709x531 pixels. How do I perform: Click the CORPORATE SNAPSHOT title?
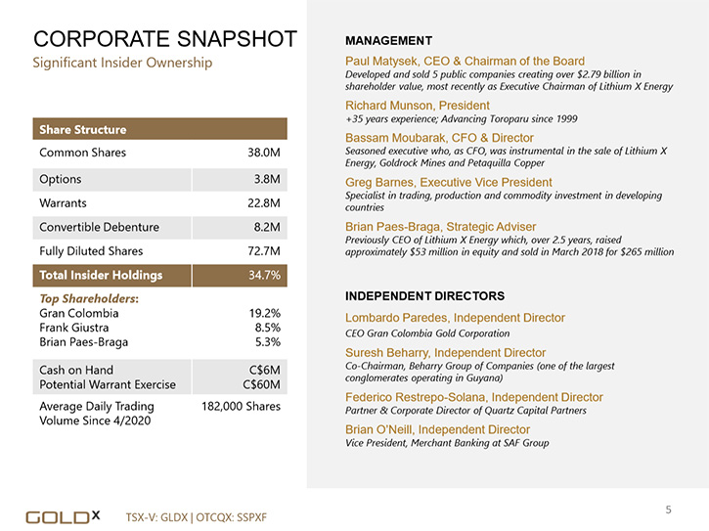[165, 39]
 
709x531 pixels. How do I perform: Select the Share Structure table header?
[83, 129]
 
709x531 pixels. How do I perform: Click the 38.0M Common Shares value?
[264, 153]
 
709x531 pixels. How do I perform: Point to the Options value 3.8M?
[267, 179]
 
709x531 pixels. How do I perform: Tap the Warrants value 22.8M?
[264, 203]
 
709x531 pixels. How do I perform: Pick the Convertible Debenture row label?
[99, 227]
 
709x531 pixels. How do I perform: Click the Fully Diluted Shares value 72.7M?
[264, 251]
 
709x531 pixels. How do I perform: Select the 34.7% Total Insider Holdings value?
[264, 275]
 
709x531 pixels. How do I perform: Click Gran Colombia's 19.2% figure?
[264, 313]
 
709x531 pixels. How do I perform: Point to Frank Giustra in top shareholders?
[73, 328]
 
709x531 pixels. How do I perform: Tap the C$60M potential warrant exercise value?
[261, 384]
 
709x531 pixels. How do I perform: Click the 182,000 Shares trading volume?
[241, 406]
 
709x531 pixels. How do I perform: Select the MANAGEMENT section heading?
[389, 41]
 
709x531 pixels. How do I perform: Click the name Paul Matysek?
[380, 61]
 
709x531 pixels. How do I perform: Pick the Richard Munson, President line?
[418, 106]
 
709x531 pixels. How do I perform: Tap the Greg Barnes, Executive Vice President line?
[449, 182]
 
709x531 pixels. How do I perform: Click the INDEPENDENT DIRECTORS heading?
[425, 295]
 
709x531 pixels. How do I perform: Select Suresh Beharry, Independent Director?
[445, 353]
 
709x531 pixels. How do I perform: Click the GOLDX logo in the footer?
[63, 517]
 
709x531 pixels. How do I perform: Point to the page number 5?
[668, 509]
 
